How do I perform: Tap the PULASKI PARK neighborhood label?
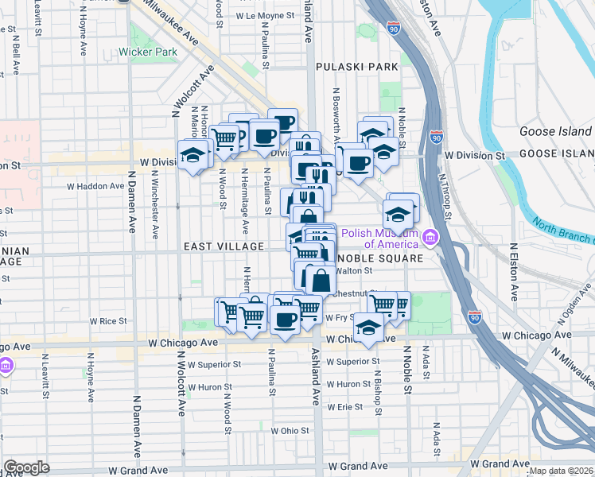[x=356, y=67]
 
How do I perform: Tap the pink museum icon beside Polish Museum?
[x=431, y=237]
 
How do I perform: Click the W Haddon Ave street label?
[x=95, y=186]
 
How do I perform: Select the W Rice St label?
[x=108, y=321]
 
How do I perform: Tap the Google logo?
[x=26, y=467]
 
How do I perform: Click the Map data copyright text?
[x=561, y=471]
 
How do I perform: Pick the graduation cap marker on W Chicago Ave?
[x=368, y=327]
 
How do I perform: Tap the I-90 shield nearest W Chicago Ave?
[x=475, y=316]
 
